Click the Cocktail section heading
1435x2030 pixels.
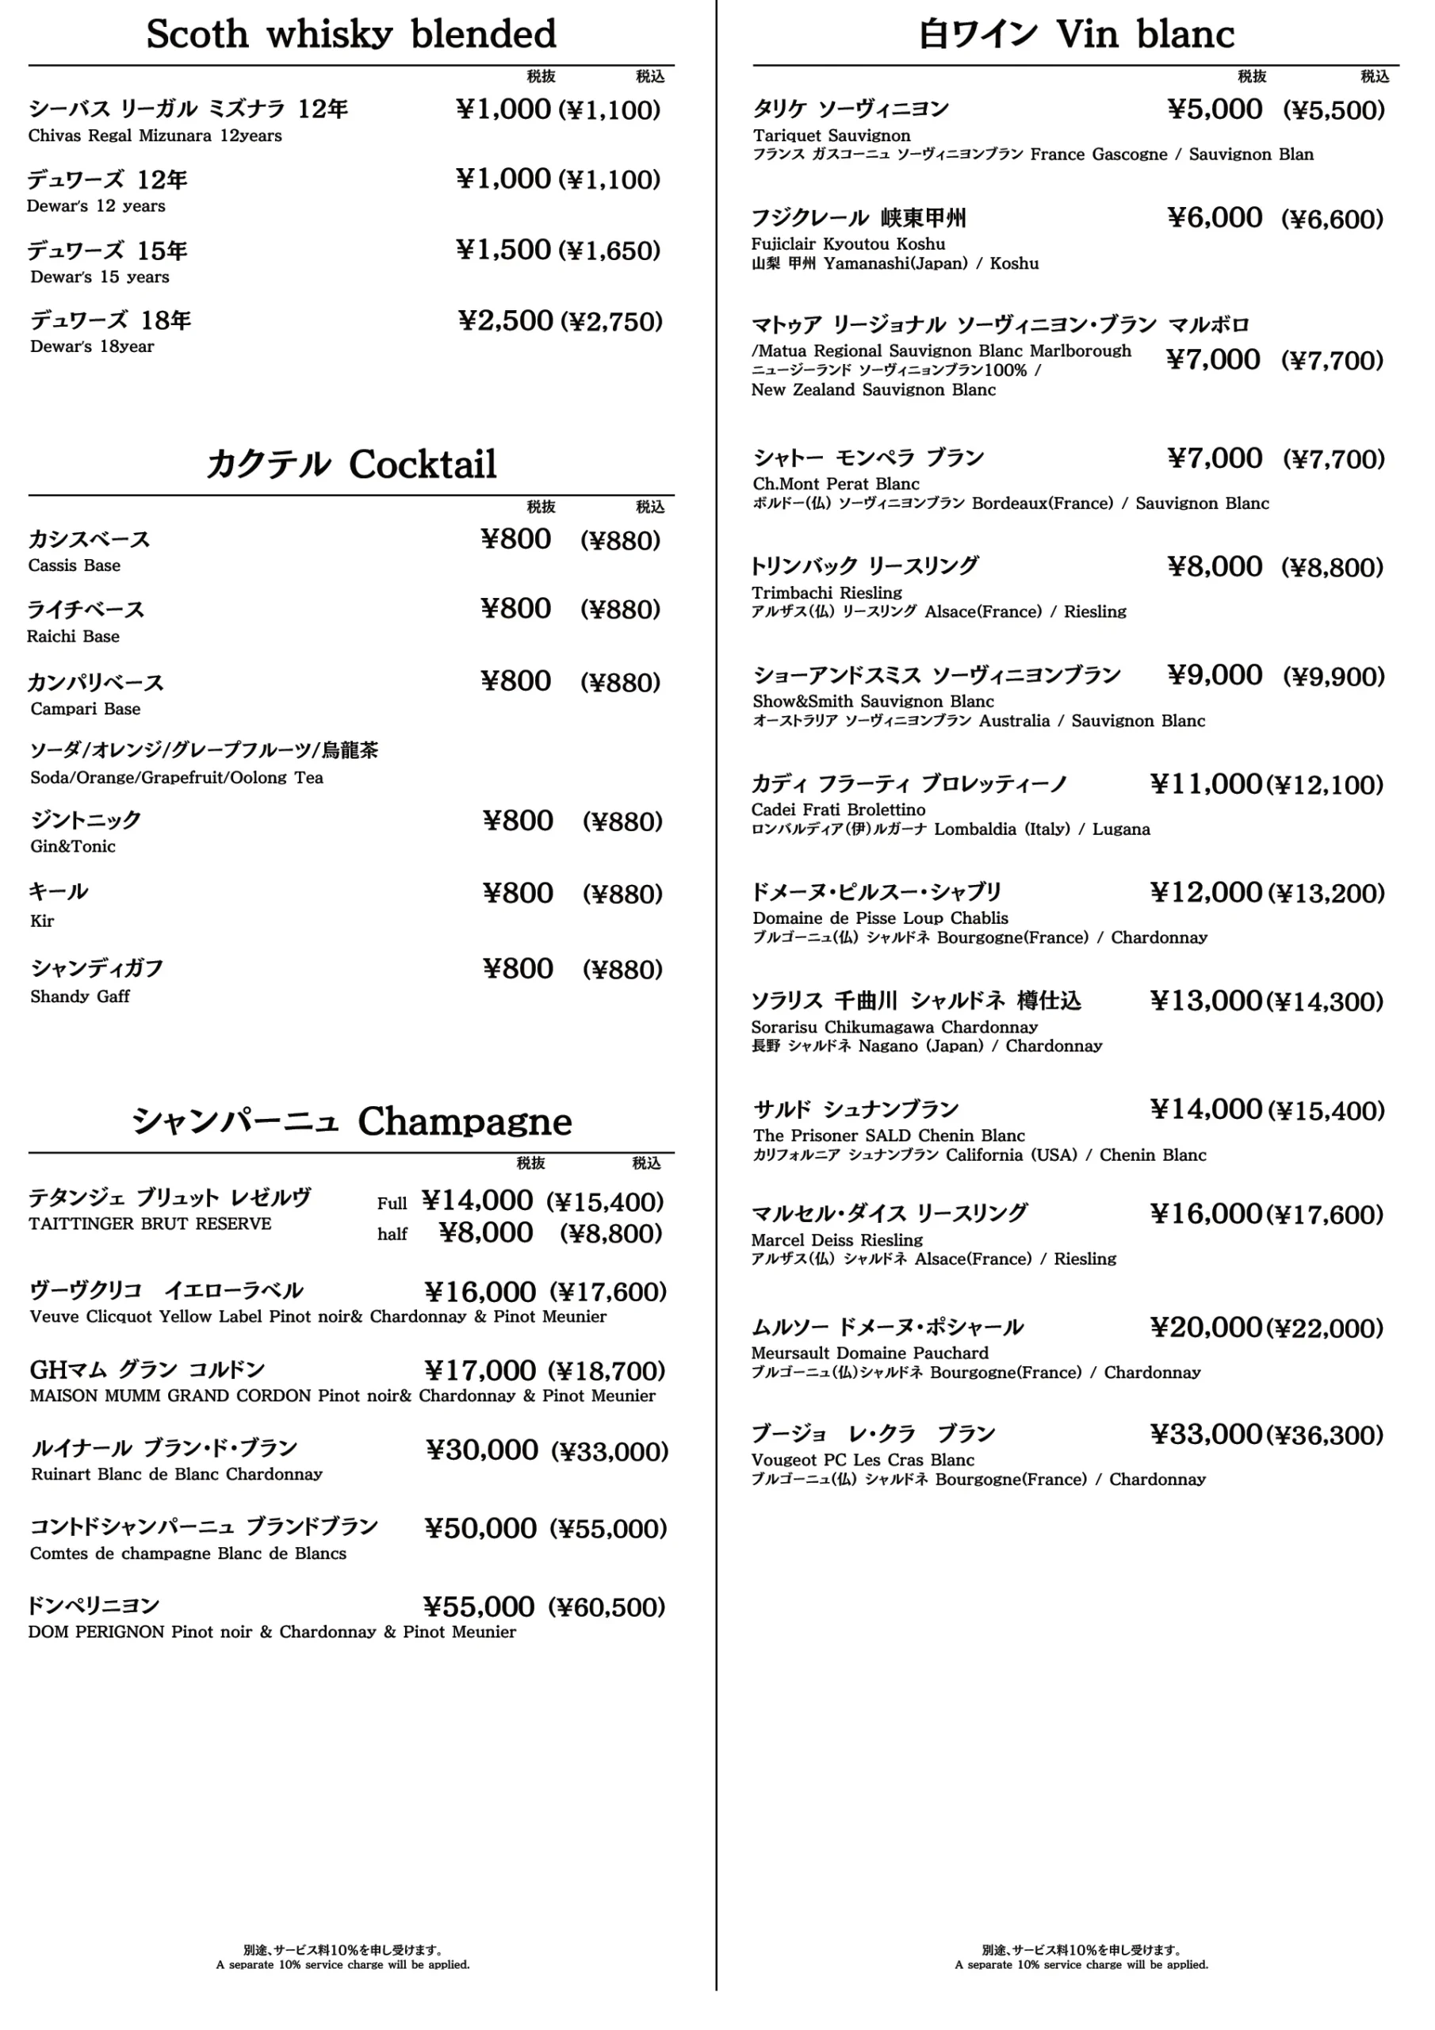pyautogui.click(x=351, y=464)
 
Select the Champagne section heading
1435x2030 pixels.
pyautogui.click(x=351, y=1121)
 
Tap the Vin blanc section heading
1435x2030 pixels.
pyautogui.click(x=1075, y=34)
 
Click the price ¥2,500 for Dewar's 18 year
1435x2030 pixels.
pyautogui.click(x=506, y=320)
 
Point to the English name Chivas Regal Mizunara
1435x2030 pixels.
pyautogui.click(x=155, y=136)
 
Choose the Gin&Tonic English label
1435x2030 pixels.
pyautogui.click(x=72, y=846)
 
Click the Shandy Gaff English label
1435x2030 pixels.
pyautogui.click(x=79, y=997)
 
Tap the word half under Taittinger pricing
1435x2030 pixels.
pyautogui.click(x=392, y=1235)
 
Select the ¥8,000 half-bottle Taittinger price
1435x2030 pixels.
pyautogui.click(x=485, y=1232)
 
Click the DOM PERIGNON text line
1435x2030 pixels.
pyautogui.click(x=271, y=1631)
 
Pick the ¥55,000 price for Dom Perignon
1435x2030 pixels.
pyautogui.click(x=478, y=1606)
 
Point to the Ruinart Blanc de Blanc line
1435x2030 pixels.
pyautogui.click(x=176, y=1474)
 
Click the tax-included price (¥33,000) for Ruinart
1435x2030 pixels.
pyautogui.click(x=609, y=1451)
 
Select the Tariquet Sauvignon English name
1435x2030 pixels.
pyautogui.click(x=831, y=136)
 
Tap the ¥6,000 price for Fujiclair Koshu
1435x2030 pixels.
pyautogui.click(x=1215, y=217)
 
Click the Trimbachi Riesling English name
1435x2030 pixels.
pyautogui.click(x=827, y=592)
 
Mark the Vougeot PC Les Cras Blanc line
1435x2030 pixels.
pyautogui.click(x=862, y=1460)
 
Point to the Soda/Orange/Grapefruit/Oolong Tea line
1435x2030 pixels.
pyautogui.click(x=176, y=778)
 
